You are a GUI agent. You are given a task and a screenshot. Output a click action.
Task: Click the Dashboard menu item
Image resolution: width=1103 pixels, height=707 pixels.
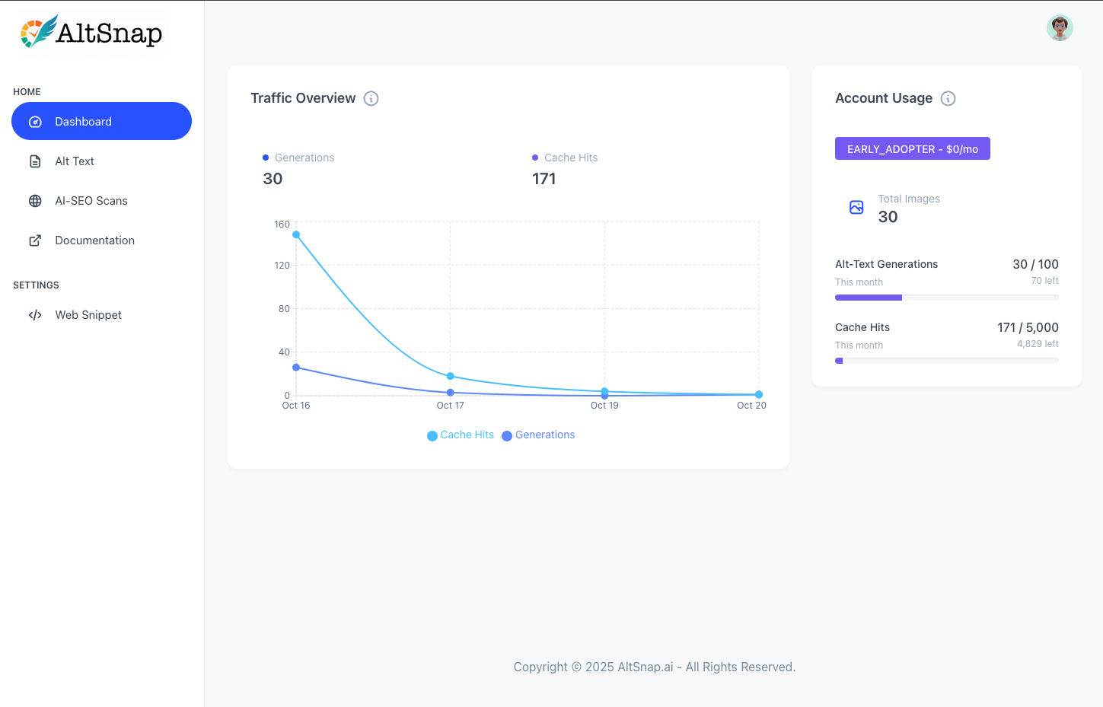(101, 122)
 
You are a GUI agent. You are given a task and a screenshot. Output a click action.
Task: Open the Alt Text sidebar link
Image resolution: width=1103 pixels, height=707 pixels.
(75, 161)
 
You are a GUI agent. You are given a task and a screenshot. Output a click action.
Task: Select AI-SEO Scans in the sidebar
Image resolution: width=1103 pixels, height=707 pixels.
(91, 201)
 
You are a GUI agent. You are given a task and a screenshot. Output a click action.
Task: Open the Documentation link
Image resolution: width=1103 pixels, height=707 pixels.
(94, 240)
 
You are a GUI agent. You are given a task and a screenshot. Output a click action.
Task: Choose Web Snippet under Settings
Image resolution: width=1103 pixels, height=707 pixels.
(88, 315)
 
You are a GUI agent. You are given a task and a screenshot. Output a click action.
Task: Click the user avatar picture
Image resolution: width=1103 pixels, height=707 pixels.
(1060, 28)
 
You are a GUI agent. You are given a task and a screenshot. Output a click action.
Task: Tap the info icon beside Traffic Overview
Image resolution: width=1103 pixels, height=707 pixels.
(371, 98)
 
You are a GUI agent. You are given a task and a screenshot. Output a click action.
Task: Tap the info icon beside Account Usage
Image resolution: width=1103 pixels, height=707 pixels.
(948, 98)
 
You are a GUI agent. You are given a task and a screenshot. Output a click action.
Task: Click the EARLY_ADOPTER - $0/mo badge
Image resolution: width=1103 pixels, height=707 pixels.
(912, 149)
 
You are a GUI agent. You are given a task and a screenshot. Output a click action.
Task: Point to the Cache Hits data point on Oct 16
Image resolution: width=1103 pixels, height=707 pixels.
(296, 234)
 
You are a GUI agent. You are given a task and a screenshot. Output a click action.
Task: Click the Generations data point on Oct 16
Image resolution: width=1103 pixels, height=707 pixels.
(296, 368)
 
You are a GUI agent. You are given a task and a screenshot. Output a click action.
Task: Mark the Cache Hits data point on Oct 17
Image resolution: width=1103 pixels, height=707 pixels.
(451, 376)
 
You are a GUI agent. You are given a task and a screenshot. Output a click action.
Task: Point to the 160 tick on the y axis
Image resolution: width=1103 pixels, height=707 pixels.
(282, 225)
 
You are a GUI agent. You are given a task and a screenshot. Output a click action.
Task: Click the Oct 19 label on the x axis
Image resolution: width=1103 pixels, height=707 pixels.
(604, 406)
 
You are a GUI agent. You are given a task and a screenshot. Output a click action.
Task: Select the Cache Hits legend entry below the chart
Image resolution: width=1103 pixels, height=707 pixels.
(461, 435)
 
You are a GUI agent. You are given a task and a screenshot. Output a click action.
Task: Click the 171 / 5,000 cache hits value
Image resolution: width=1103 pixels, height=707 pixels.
(1028, 327)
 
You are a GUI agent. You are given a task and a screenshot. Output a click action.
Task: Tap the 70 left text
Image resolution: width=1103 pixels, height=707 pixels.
(1044, 281)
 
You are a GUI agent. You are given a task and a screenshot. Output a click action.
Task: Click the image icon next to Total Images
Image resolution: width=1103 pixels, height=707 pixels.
(856, 207)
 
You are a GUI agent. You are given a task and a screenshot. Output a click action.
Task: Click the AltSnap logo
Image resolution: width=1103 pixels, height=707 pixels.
(91, 33)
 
